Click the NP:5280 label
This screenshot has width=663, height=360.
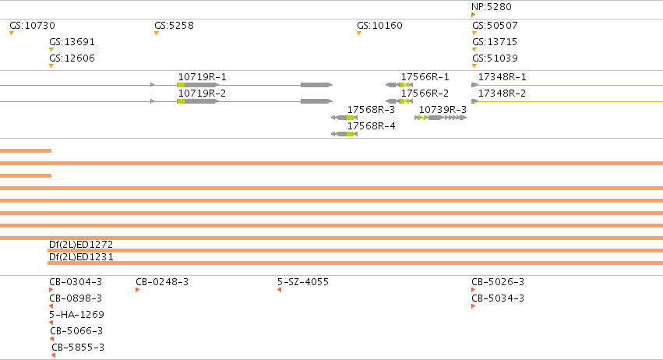point(492,7)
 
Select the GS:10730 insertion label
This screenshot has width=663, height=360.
point(32,26)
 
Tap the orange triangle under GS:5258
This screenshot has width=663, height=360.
point(157,34)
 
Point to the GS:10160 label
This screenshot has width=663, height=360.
point(379,26)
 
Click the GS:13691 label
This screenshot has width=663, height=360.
point(72,42)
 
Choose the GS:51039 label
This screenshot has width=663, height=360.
point(495,58)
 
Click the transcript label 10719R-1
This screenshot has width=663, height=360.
point(202,77)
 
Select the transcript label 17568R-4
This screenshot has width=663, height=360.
point(372,126)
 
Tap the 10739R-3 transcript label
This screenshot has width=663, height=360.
point(443,110)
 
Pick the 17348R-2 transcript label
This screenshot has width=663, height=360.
point(502,93)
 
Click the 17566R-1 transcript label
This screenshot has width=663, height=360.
point(425,77)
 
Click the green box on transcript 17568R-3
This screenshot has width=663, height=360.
point(350,118)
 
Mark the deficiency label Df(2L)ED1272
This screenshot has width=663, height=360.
point(81,245)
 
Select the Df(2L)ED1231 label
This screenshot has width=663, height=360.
point(81,257)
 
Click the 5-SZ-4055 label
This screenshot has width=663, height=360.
point(303,282)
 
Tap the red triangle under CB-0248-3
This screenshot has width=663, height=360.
point(137,290)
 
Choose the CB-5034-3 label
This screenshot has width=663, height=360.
point(498,298)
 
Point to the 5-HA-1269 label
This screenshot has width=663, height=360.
point(76,315)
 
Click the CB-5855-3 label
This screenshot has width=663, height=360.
point(78,348)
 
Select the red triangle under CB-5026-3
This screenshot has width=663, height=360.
point(473,290)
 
